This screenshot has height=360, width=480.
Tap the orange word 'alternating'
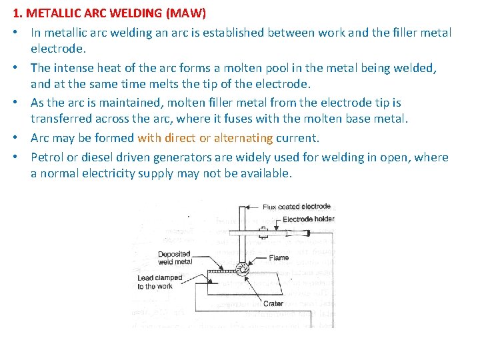click(243, 139)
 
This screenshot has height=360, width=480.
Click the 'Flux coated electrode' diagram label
click(297, 207)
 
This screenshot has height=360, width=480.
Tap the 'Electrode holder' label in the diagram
click(308, 219)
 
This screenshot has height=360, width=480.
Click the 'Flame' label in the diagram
click(279, 257)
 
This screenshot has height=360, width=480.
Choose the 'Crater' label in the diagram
click(273, 303)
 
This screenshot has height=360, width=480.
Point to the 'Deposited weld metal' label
click(175, 258)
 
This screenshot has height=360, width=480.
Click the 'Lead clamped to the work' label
click(155, 282)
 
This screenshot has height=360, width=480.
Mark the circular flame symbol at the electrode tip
click(240, 269)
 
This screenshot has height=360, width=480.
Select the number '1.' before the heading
click(18, 13)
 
